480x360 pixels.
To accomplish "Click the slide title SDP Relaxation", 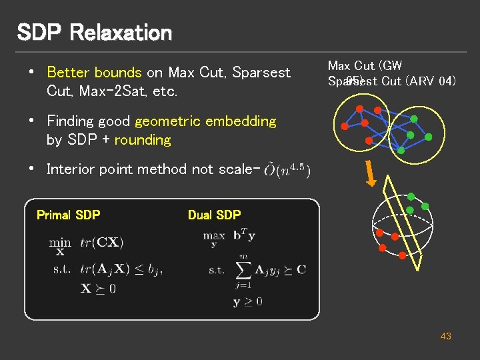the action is (x=94, y=32).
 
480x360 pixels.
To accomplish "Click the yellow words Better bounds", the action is (x=94, y=72).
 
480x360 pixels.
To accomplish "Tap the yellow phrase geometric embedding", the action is (x=205, y=121).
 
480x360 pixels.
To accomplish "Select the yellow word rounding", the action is (x=143, y=140).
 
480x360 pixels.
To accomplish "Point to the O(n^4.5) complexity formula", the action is (x=287, y=170).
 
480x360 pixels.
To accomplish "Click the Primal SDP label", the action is (x=68, y=215).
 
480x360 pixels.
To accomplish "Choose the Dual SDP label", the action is (x=214, y=215).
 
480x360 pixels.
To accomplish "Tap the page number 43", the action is (x=445, y=336).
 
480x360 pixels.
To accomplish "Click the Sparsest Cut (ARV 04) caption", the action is (x=392, y=81).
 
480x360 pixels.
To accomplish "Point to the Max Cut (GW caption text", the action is (x=365, y=65).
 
